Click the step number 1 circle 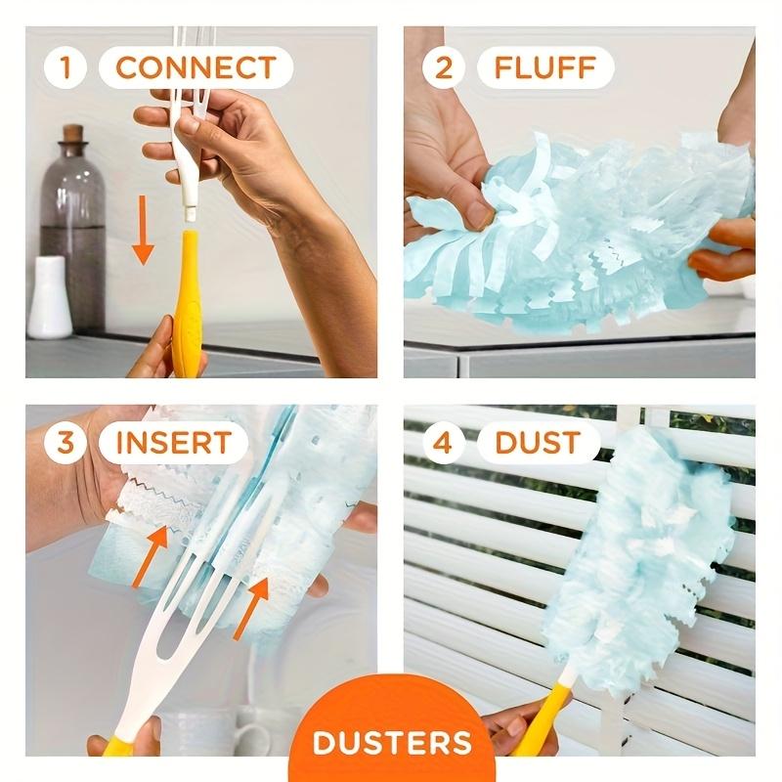coord(65,68)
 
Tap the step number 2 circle coord(444,68)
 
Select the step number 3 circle coord(65,442)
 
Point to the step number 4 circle coord(444,442)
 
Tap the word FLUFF coord(545,68)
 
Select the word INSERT coord(174,442)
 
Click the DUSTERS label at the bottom coord(391,740)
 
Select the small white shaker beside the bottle coord(48,298)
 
